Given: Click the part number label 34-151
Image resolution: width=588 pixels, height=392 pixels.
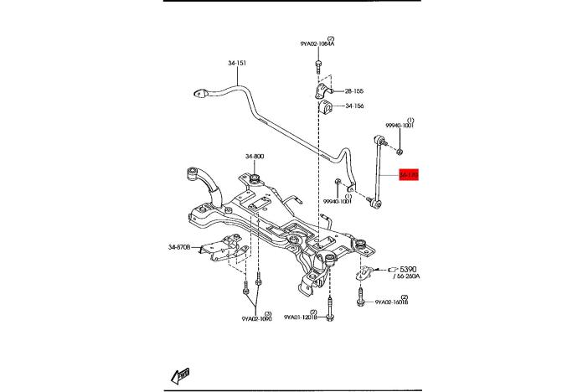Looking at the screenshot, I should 237,63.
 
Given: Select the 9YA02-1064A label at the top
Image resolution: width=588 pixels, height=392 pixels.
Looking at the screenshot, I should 317,44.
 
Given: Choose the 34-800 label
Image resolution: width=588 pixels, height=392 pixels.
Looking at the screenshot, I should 255,157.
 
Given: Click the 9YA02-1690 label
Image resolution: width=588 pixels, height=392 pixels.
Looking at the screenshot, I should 257,319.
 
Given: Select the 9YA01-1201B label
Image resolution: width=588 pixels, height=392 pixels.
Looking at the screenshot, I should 302,317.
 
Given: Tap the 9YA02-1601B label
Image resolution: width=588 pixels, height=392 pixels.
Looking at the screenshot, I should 392,302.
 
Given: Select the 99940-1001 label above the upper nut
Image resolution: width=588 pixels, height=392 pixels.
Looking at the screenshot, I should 399,126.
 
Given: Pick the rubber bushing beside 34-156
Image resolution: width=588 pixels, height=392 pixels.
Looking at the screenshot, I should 324,107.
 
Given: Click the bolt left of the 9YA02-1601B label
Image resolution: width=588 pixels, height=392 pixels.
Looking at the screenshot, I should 360,299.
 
